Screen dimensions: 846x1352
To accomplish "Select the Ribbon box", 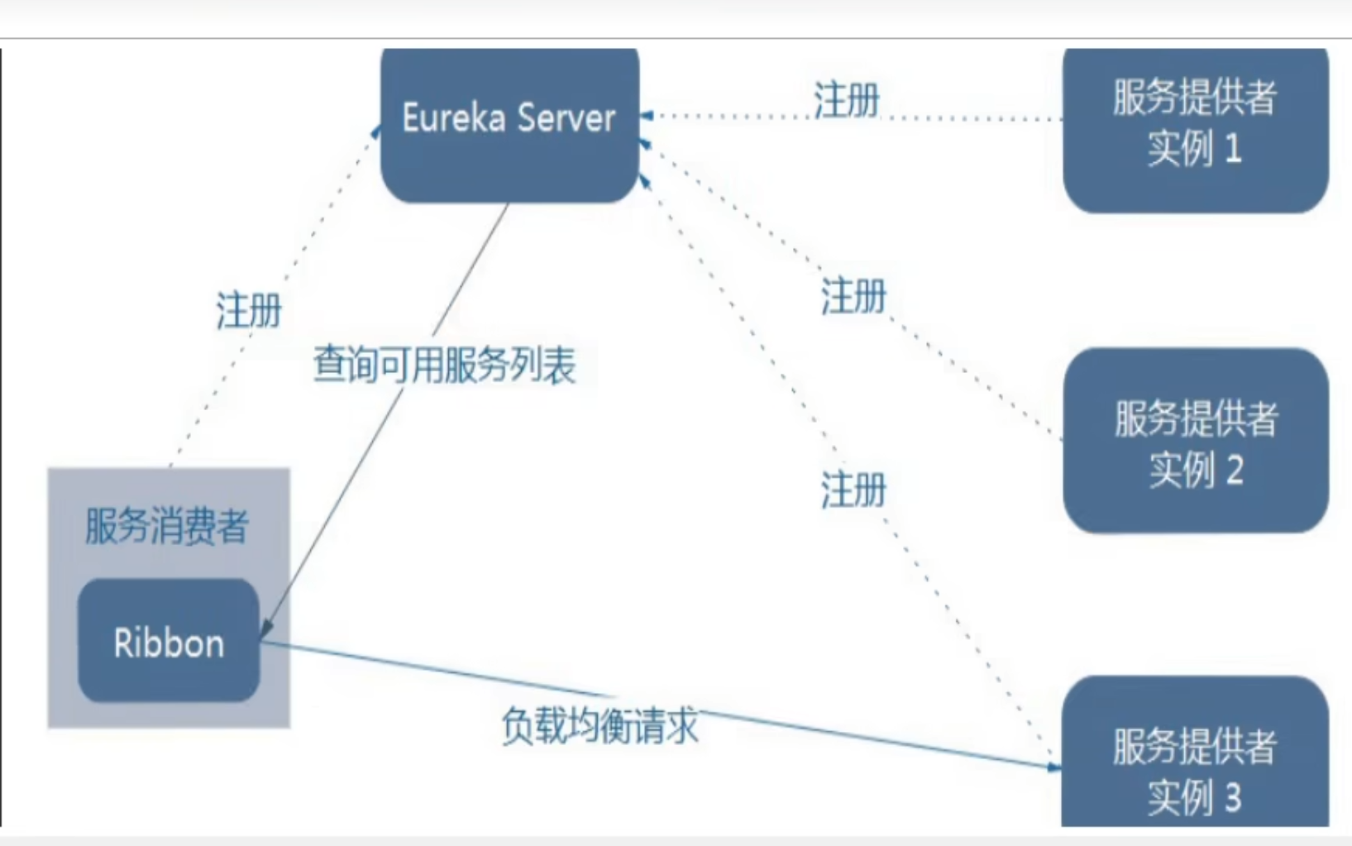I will [169, 642].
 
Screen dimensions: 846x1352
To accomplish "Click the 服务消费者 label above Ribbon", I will [167, 526].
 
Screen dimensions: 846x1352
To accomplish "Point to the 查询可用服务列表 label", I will [445, 365].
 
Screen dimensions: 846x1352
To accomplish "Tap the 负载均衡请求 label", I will [600, 726].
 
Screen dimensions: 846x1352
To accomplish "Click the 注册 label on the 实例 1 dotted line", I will [846, 101].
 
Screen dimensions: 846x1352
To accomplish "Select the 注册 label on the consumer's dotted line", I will [249, 311].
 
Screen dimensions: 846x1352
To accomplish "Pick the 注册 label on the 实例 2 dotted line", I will [853, 296].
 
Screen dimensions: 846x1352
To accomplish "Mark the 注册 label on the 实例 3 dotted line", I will [853, 490].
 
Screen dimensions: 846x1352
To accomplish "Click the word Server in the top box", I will [566, 118].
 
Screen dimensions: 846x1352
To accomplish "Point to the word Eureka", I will [454, 118].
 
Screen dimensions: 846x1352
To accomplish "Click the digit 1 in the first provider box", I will [1233, 149].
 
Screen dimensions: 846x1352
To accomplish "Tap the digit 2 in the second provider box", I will [1234, 471].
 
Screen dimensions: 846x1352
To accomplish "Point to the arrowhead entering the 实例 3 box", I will [1053, 767].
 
